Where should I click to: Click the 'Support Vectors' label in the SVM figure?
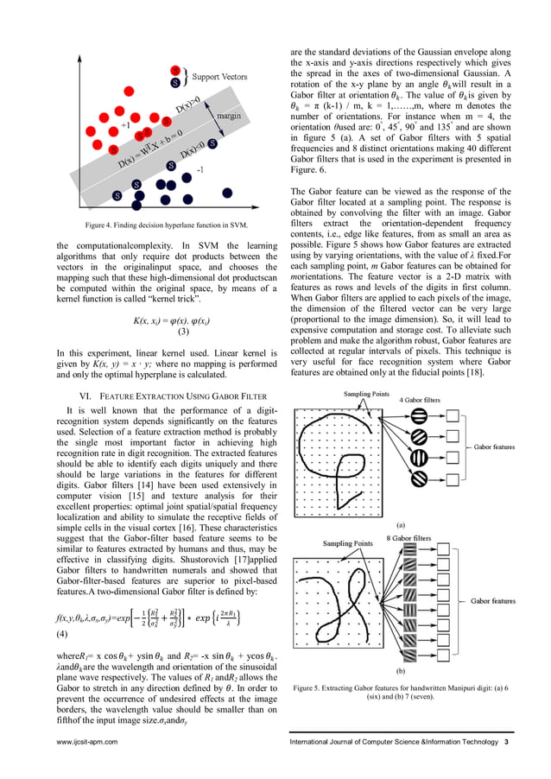[x=218, y=77]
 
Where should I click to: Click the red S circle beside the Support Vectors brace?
[x=176, y=70]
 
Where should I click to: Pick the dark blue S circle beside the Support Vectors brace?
[x=176, y=84]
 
